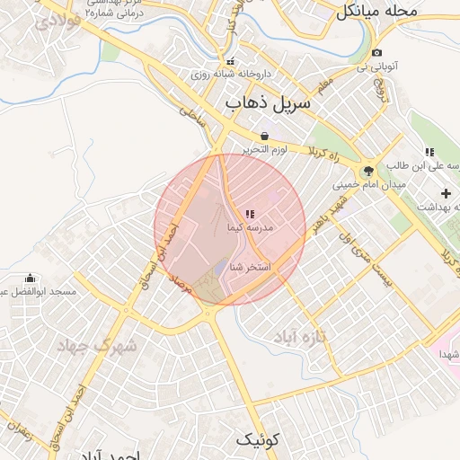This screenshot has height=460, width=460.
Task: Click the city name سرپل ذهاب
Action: click(269, 104)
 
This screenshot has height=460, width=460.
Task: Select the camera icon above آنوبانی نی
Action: click(376, 53)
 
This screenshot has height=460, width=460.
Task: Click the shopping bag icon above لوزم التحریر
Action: click(264, 136)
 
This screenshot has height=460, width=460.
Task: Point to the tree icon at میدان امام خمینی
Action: click(368, 169)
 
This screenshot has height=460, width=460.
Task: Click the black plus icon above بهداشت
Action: click(447, 193)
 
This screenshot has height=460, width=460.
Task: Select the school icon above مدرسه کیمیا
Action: click(249, 213)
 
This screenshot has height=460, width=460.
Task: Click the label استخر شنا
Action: click(251, 268)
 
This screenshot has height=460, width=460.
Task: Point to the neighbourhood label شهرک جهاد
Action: click(96, 345)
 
